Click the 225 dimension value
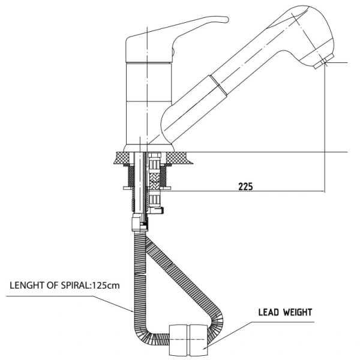pos(244,185)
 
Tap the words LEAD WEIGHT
pos(285,313)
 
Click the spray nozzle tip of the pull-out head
pos(324,62)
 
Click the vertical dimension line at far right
pos(325,126)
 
